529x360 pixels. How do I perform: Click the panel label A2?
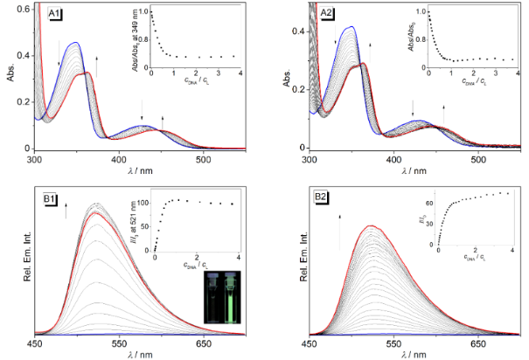click(x=325, y=15)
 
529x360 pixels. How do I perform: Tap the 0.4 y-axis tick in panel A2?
click(x=297, y=31)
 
